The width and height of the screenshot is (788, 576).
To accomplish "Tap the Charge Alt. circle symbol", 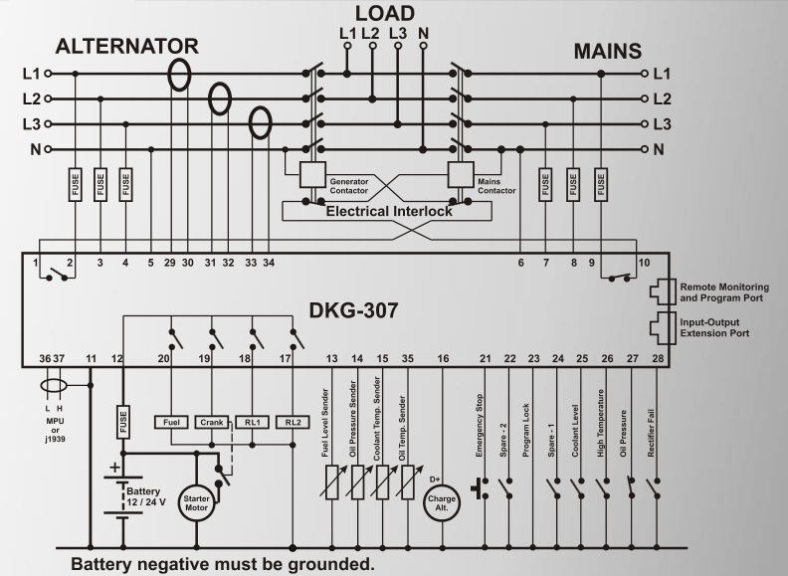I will [x=443, y=504].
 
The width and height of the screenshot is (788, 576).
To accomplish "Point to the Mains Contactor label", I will [x=497, y=186].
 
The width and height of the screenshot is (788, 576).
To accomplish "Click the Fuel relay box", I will [x=171, y=421].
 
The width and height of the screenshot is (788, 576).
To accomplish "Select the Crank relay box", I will [x=211, y=421].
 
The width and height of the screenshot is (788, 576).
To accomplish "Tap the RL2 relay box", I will [x=293, y=421].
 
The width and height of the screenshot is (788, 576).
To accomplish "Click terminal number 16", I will [x=443, y=358].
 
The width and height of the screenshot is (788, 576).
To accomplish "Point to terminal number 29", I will [x=168, y=263].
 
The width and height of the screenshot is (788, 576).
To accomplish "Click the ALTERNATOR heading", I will [x=126, y=47].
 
